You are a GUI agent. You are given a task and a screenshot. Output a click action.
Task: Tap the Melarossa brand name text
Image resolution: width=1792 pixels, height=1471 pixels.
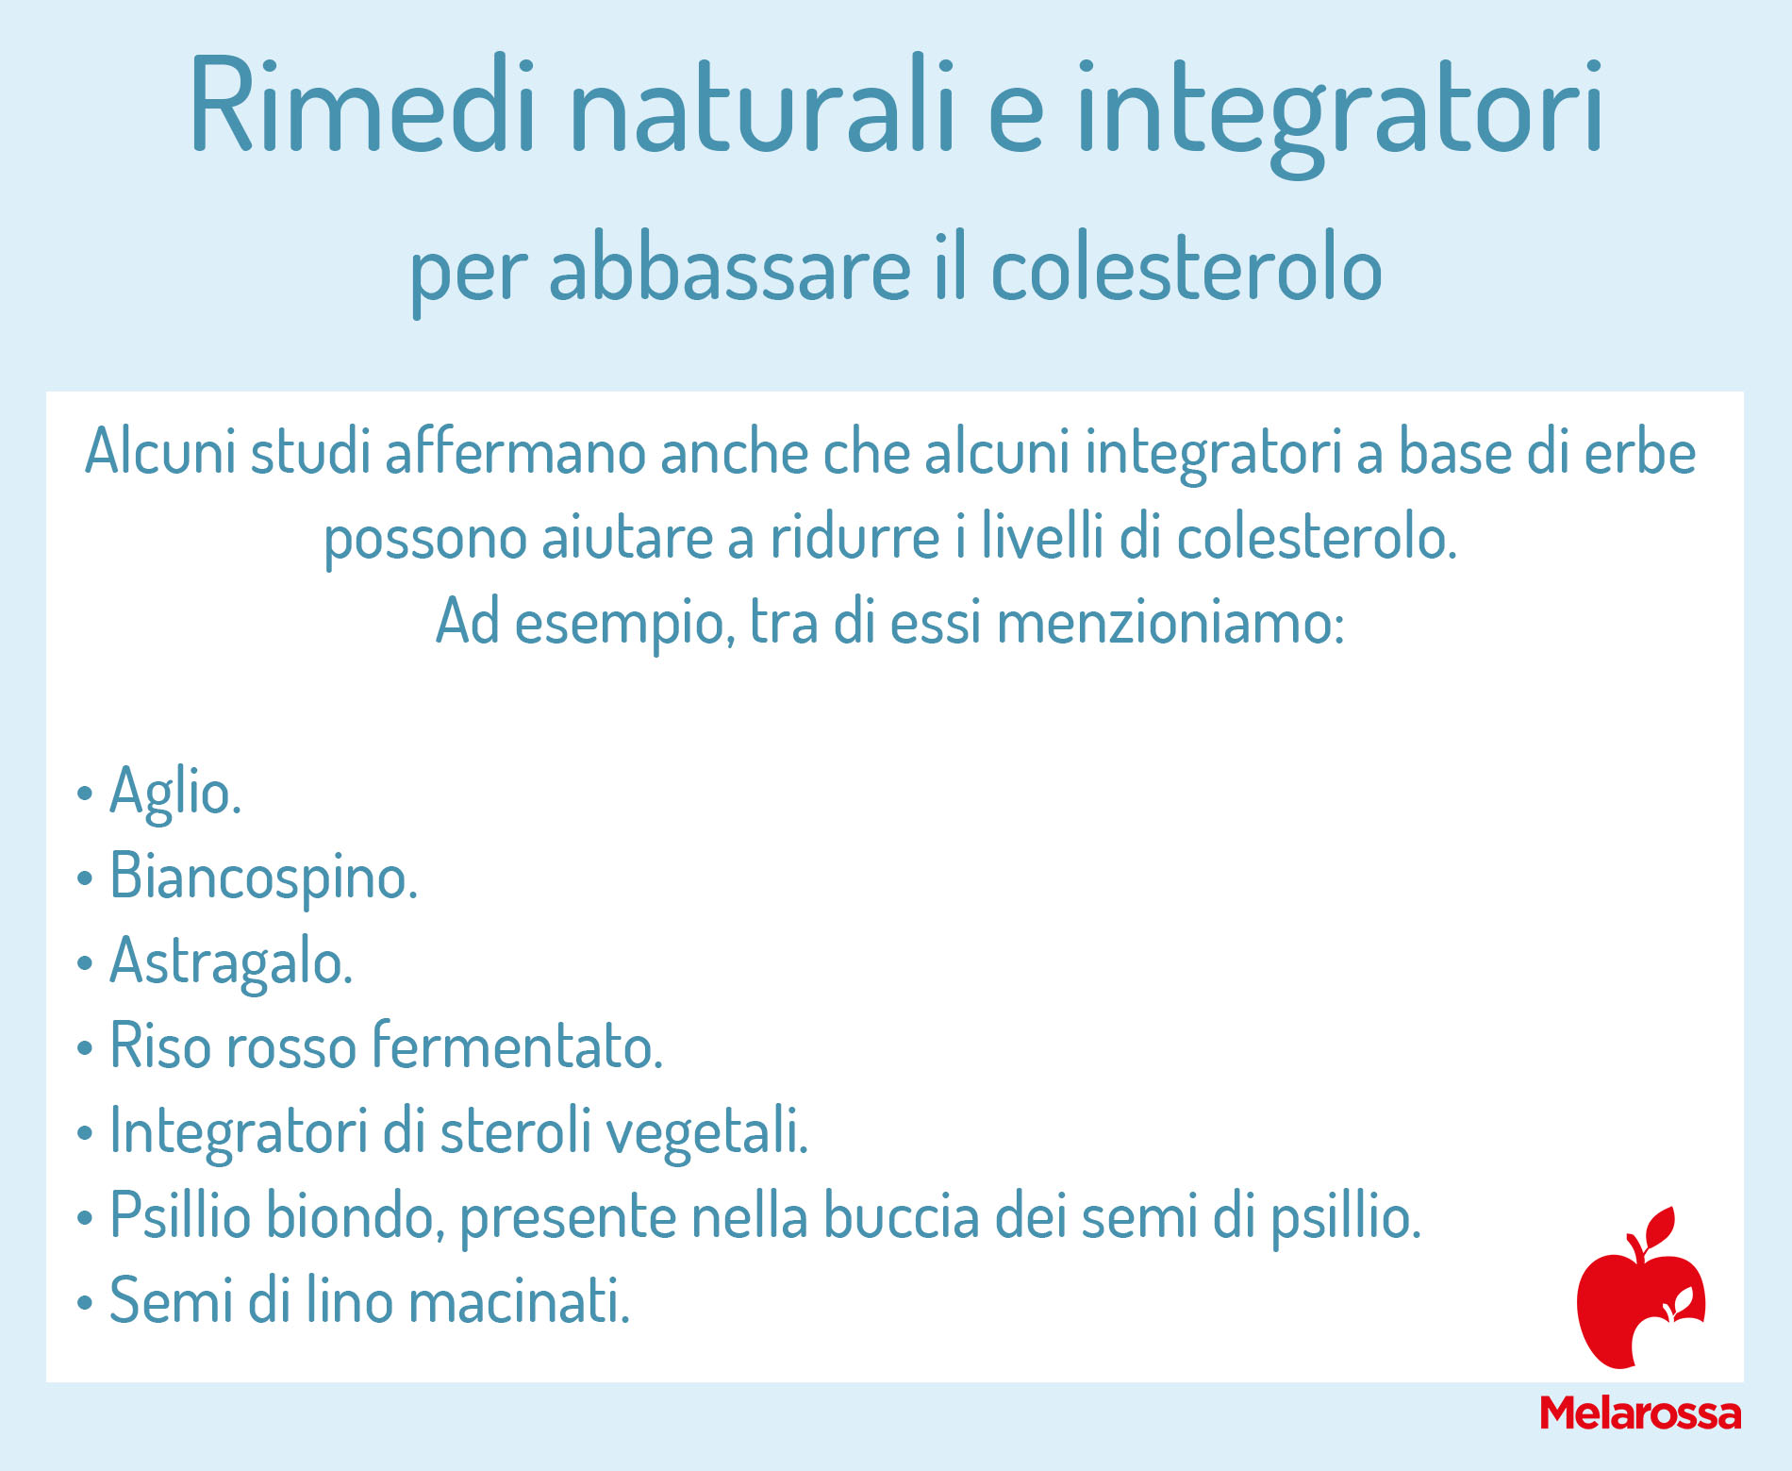coord(1640,1413)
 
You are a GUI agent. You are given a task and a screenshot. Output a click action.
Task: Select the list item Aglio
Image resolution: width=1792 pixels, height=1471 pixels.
coord(175,792)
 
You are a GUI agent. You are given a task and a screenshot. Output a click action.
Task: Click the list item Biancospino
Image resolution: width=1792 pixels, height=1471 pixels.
coord(263,877)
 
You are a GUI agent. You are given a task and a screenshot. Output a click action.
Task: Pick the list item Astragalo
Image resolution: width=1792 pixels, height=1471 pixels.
coord(231,961)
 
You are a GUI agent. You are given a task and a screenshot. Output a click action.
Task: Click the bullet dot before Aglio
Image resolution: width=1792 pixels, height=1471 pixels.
coord(85,794)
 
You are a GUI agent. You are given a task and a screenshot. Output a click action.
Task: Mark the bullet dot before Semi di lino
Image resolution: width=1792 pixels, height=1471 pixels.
coord(85,1303)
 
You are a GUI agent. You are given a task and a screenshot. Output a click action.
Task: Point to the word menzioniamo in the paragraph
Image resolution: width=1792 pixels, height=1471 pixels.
coord(1170,623)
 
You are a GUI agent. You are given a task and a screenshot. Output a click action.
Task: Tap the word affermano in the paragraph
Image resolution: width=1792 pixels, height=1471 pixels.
coord(515,452)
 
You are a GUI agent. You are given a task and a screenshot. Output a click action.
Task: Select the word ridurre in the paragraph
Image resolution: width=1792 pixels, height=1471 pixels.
coord(855,537)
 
